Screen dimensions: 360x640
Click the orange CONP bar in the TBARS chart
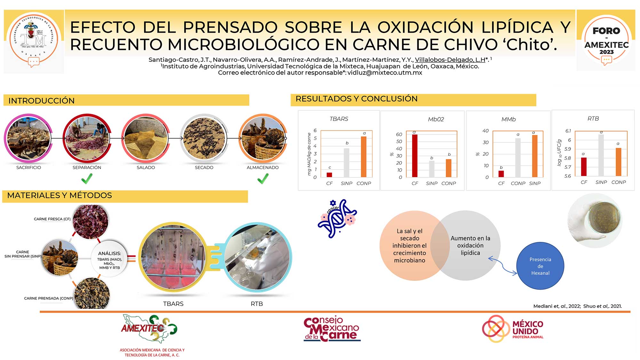(x=364, y=157)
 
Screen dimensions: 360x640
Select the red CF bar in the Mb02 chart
(x=415, y=156)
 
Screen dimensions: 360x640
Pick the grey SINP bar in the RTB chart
(x=601, y=155)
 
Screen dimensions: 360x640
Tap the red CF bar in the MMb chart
(x=501, y=174)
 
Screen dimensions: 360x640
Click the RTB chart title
(x=593, y=119)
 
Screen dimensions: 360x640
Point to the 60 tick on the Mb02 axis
(x=399, y=134)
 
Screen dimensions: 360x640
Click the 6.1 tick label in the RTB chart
(x=568, y=131)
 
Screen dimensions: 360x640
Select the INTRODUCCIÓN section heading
(x=42, y=101)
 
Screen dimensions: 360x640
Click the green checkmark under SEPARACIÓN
(x=87, y=179)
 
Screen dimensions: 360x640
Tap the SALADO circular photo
(x=146, y=138)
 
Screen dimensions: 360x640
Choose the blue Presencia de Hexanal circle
(x=540, y=266)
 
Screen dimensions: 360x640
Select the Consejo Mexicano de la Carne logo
(x=332, y=329)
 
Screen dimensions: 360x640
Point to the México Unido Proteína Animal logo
(x=513, y=328)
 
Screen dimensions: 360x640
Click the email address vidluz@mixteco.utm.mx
(x=385, y=73)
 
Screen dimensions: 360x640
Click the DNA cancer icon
(x=337, y=219)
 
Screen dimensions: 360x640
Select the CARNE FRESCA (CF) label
(x=52, y=219)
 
